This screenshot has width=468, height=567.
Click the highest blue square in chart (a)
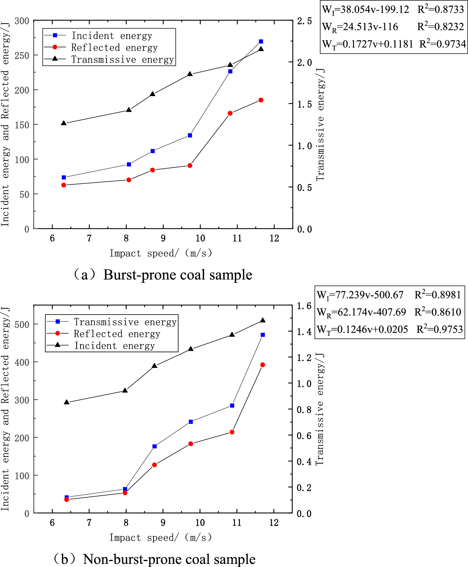[261, 42]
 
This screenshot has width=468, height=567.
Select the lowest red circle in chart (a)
[64, 185]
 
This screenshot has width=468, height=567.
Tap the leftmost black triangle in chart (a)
[64, 123]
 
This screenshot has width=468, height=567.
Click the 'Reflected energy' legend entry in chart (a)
[114, 47]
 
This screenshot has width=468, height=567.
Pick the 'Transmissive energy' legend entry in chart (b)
[125, 322]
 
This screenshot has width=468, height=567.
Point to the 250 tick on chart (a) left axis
[22, 56]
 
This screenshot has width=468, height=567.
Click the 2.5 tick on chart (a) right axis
[304, 21]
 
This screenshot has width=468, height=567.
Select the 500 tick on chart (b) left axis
[22, 324]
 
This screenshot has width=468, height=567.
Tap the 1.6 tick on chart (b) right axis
[304, 306]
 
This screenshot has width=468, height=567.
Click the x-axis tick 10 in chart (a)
[200, 238]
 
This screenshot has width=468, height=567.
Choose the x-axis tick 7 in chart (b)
[89, 523]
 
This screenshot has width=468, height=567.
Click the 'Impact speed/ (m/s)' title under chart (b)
[161, 537]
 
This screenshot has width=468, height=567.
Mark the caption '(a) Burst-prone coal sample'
[162, 275]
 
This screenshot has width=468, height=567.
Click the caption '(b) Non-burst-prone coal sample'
[155, 559]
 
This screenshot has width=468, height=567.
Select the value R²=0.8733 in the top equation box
[441, 10]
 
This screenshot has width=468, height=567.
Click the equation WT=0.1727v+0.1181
[368, 44]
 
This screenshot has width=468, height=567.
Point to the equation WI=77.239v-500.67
[360, 295]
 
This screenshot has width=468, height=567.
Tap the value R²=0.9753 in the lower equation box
[439, 329]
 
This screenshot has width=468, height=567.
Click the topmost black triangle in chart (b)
[262, 320]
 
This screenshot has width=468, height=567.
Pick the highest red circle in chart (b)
[262, 365]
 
